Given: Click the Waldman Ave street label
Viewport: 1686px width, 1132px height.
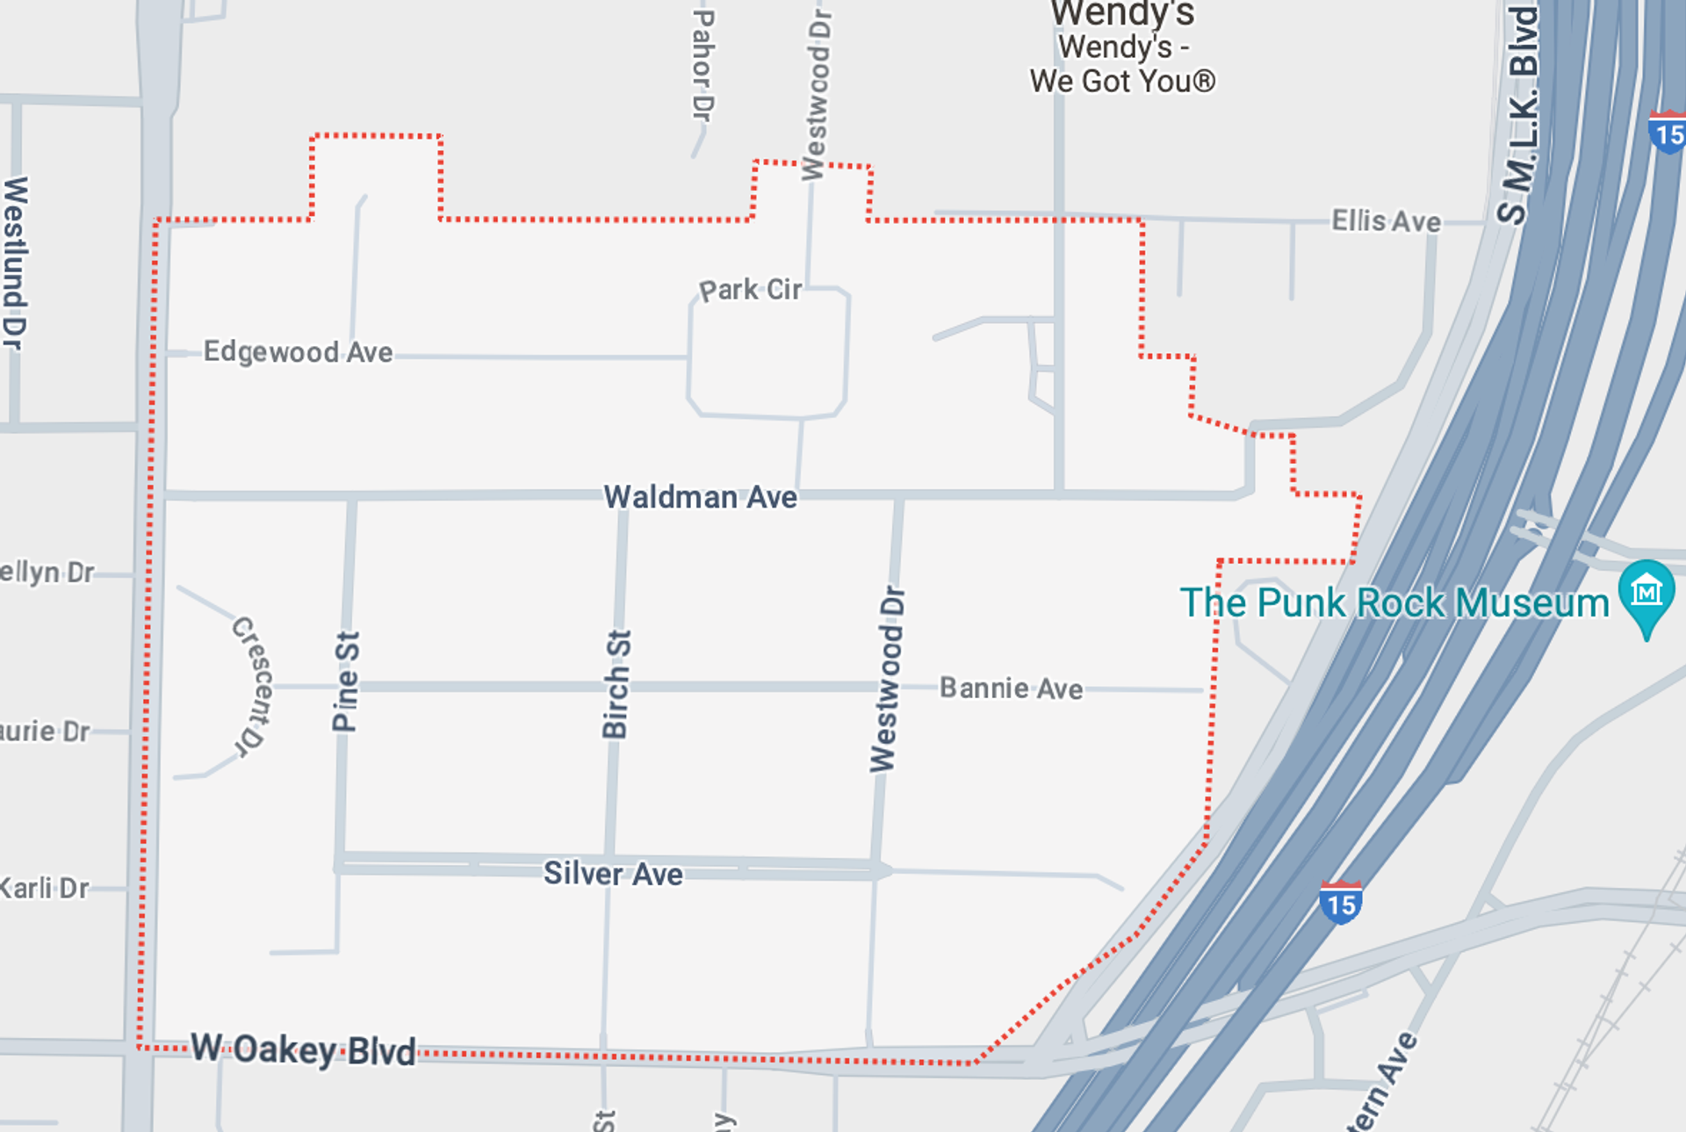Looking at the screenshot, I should pos(700,497).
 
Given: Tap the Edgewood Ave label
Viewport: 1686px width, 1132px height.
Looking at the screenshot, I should pos(298,352).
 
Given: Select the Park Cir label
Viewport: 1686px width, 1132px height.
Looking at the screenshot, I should pos(750,290).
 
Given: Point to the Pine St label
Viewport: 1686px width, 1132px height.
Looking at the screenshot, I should pos(346,681).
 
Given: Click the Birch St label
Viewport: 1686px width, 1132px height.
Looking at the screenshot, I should pos(616,684).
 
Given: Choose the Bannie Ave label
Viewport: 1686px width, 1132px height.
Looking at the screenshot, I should pos(1011,689).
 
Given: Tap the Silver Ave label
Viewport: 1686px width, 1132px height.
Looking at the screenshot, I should pos(613,874).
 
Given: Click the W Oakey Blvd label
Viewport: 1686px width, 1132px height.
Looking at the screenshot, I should pos(303,1049).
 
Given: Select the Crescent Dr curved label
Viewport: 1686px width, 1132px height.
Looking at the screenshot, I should pos(252,686).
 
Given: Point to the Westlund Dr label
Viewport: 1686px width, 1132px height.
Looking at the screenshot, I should pos(15,263).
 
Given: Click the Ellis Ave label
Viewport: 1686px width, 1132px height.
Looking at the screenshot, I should pos(1386,220).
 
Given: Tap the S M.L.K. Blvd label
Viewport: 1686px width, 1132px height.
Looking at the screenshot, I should pos(1519,114).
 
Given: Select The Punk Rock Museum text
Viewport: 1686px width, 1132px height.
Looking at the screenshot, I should pos(1394,603).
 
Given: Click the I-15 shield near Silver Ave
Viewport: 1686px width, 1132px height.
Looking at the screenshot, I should pos(1341,903).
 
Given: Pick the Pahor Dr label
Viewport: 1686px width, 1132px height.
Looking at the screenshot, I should pos(703,65).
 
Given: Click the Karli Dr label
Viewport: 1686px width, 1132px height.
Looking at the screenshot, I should pos(44,888).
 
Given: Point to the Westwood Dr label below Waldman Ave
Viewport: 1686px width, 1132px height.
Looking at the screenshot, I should pos(887,680).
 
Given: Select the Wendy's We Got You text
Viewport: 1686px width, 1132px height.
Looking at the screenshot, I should pos(1122,63).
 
